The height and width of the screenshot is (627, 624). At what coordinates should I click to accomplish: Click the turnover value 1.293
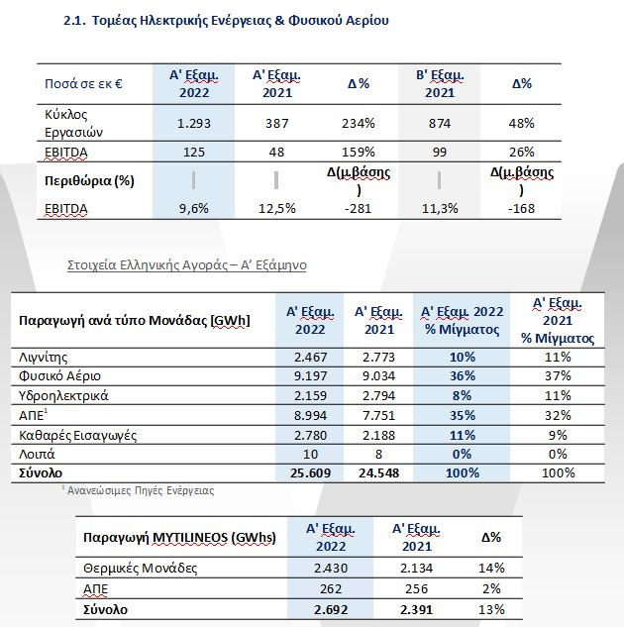(x=194, y=123)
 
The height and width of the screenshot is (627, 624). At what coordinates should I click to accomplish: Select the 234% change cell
(x=359, y=123)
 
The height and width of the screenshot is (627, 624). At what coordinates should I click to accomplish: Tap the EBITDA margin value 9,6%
(x=194, y=208)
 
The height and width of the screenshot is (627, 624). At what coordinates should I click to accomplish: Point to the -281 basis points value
(x=359, y=208)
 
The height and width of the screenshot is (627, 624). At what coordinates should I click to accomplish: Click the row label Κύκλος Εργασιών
(x=73, y=123)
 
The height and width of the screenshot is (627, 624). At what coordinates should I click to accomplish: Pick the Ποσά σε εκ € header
(x=83, y=84)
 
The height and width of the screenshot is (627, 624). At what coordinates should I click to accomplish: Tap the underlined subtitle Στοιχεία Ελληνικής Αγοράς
(x=186, y=265)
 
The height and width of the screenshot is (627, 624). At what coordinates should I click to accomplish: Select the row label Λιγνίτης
(x=44, y=358)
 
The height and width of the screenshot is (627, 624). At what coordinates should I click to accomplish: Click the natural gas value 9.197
(x=310, y=375)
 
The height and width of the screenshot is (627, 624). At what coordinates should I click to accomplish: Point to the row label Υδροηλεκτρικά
(x=63, y=396)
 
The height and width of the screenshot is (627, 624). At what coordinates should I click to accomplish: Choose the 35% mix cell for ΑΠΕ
(x=463, y=415)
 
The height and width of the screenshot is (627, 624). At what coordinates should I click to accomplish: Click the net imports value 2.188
(x=378, y=435)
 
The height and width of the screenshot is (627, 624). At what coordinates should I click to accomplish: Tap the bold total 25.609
(x=310, y=473)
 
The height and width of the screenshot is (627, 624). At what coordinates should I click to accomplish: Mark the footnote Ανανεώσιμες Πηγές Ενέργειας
(x=141, y=490)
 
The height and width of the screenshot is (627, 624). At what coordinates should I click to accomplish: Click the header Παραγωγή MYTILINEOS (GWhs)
(x=179, y=538)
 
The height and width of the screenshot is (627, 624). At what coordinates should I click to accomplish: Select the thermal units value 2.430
(x=331, y=568)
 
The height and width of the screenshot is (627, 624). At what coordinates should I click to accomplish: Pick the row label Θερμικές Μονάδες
(x=141, y=569)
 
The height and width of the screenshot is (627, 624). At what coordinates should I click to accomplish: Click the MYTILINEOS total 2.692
(x=331, y=610)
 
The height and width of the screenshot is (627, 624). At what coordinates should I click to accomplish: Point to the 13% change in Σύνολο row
(x=491, y=610)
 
